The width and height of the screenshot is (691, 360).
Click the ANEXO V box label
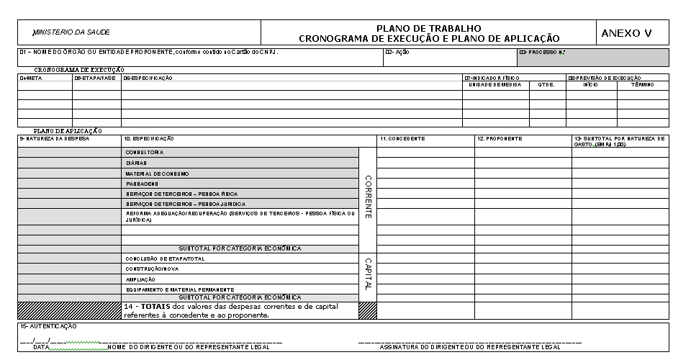click(x=625, y=33)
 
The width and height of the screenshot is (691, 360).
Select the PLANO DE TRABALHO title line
click(x=428, y=28)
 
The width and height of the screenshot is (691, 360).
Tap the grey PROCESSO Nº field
click(x=592, y=57)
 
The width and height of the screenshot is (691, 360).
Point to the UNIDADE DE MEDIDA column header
click(x=495, y=85)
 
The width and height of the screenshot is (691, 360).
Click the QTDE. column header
click(x=547, y=85)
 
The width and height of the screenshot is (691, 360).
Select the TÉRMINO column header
click(x=642, y=85)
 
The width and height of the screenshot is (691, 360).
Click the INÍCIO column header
click(x=591, y=85)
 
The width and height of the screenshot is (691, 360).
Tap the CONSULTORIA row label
click(x=145, y=153)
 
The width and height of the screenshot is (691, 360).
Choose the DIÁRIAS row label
click(x=136, y=163)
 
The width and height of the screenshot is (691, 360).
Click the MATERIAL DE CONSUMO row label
click(x=156, y=174)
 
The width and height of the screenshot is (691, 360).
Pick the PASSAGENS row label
click(x=141, y=184)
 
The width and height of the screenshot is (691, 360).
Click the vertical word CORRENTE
click(x=368, y=197)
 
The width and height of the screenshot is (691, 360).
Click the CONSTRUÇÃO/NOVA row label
click(x=152, y=269)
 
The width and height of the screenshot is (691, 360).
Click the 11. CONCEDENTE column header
click(x=402, y=138)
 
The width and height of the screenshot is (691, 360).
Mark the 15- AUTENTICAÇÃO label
click(x=48, y=326)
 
